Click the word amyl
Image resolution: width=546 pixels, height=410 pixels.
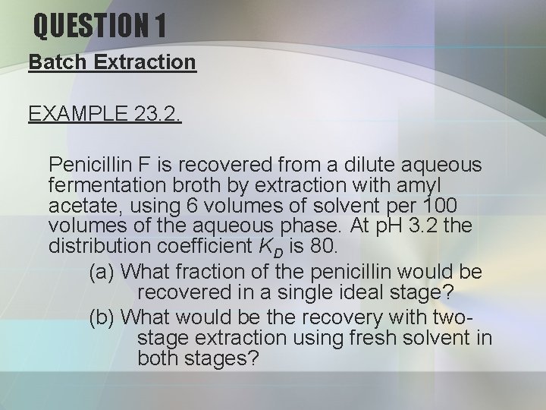(448, 185)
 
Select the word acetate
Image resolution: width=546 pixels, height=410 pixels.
(80, 207)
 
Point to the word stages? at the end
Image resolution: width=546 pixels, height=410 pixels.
(224, 358)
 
